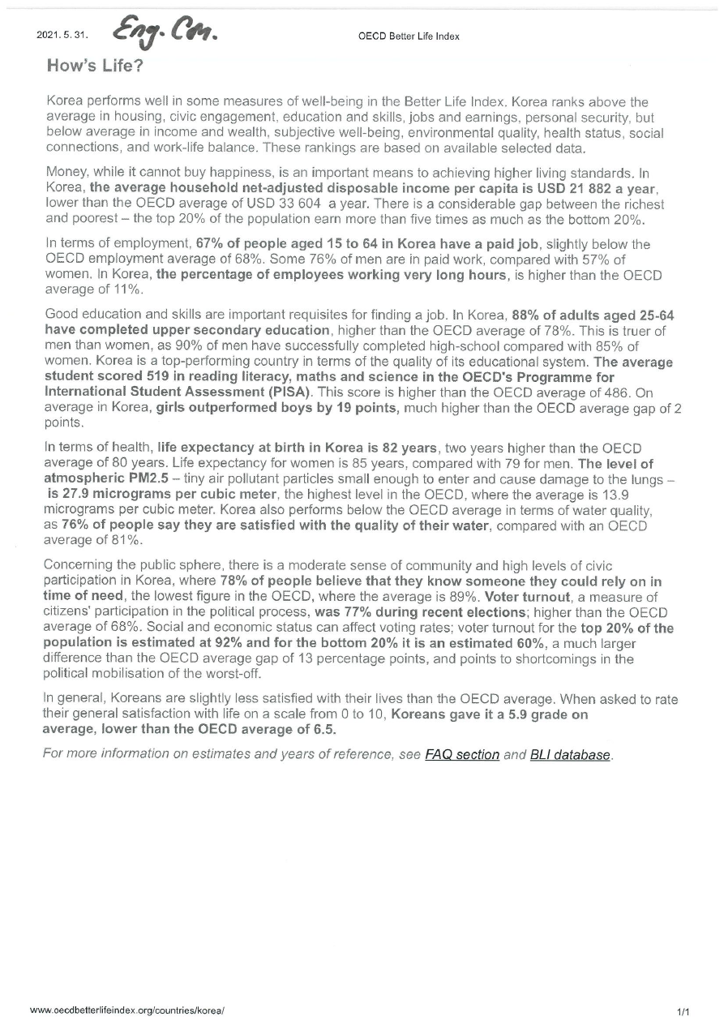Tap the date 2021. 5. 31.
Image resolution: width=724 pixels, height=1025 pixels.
click(x=62, y=34)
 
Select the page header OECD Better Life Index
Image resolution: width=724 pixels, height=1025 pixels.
click(x=409, y=36)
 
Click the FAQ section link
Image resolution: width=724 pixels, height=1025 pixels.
click(x=461, y=755)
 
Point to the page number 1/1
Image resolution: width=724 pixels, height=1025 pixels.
click(x=683, y=1012)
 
